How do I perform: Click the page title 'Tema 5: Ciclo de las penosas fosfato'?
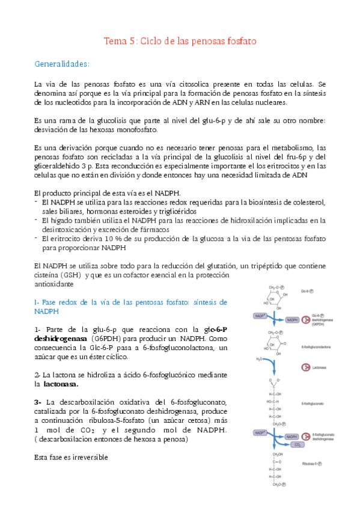[180, 41]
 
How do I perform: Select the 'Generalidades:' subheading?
[63, 63]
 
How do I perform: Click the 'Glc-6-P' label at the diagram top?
[306, 290]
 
